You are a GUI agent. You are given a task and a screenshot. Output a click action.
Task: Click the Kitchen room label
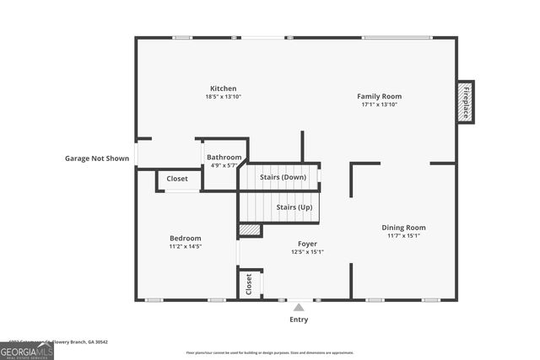pos(223,89)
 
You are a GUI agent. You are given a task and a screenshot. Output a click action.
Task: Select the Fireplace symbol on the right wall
pos(465,101)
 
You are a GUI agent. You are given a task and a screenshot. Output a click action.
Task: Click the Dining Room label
pos(403,228)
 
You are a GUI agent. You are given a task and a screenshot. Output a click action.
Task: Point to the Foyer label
pos(307,244)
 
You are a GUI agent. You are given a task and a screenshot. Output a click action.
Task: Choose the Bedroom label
pos(186,239)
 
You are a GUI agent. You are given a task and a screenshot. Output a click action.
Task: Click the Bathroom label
pos(224,158)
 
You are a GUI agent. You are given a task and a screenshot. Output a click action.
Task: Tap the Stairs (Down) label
pos(282,177)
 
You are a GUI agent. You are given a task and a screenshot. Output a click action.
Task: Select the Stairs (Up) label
pos(294,207)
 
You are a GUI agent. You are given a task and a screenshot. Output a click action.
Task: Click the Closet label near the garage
pos(177,179)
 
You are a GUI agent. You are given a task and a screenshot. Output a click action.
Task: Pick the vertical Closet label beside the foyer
pos(249,283)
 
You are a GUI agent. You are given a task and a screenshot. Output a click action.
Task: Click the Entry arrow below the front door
pos(299,308)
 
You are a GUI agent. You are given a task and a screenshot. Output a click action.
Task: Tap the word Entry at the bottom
pos(299,320)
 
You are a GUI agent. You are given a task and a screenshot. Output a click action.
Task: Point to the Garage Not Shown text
pos(97,158)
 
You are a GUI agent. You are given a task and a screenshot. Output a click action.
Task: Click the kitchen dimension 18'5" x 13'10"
pos(223,97)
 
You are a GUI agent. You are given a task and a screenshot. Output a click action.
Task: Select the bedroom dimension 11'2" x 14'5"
pos(186,247)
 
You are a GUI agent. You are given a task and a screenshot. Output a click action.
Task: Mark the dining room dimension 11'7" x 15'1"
pos(403,236)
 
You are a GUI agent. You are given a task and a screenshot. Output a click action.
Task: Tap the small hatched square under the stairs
pos(250,229)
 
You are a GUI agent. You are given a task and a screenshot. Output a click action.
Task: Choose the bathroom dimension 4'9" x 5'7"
pos(224,165)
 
